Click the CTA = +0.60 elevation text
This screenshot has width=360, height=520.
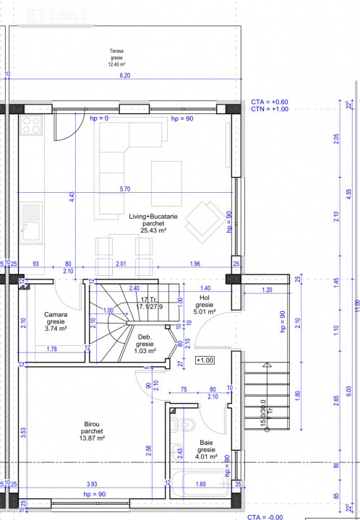270,102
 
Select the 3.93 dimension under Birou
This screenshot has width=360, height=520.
92,483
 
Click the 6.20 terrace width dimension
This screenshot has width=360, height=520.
124,75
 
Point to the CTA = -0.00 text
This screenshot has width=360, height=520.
266,517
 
